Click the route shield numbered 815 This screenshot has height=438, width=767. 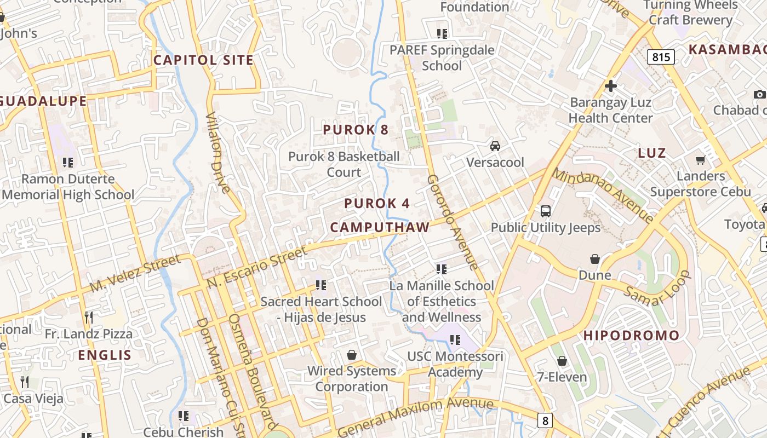click(x=660, y=56)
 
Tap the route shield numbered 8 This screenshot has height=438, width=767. click(x=545, y=420)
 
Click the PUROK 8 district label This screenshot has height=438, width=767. click(x=356, y=130)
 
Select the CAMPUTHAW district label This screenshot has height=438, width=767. click(x=380, y=227)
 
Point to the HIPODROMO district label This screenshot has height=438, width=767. click(x=631, y=335)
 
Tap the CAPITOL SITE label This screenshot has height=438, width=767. click(x=203, y=60)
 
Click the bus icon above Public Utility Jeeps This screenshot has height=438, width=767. click(x=546, y=211)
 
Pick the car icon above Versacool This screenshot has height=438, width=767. click(x=495, y=146)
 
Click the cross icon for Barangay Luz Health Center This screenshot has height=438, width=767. click(x=611, y=86)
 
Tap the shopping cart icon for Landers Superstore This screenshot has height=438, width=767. click(x=700, y=160)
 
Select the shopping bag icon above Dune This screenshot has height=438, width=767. click(x=595, y=258)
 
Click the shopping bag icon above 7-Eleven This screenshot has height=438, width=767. click(x=562, y=361)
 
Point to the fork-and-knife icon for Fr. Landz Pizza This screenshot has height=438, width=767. click(x=88, y=318)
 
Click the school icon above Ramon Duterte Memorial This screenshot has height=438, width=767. click(x=68, y=162)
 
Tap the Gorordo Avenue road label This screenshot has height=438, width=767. click(x=454, y=222)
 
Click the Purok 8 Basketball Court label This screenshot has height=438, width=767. click(x=344, y=164)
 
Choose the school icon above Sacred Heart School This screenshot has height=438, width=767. click(x=321, y=285)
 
